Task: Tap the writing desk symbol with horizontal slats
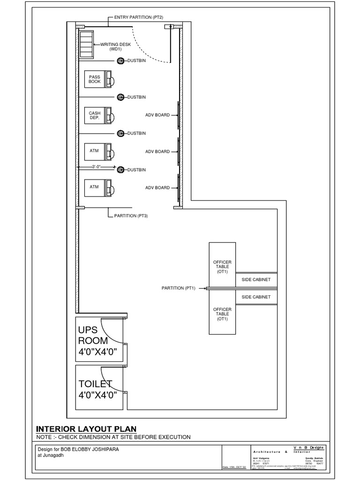tap(86, 45)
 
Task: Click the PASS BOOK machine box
tap(95, 79)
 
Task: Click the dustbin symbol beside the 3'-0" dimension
tap(120, 169)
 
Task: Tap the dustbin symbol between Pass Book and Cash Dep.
tap(120, 97)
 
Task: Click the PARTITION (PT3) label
tap(131, 216)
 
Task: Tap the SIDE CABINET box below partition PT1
tap(256, 297)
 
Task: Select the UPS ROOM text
tap(93, 335)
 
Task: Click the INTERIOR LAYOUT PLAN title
tap(87, 428)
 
